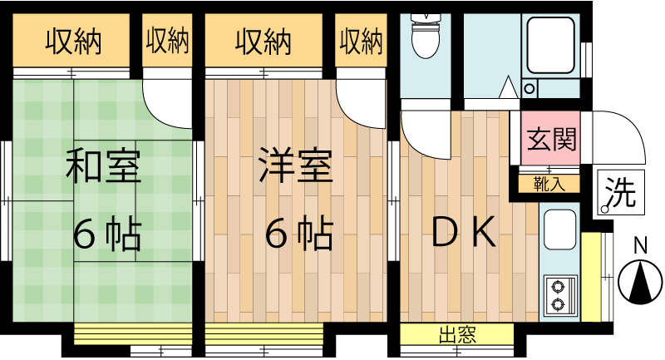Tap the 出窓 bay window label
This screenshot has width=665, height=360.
(x=456, y=336)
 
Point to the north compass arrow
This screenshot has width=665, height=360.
(x=639, y=282)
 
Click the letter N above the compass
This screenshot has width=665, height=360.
(x=640, y=246)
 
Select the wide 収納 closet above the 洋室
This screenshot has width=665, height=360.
(x=262, y=40)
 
